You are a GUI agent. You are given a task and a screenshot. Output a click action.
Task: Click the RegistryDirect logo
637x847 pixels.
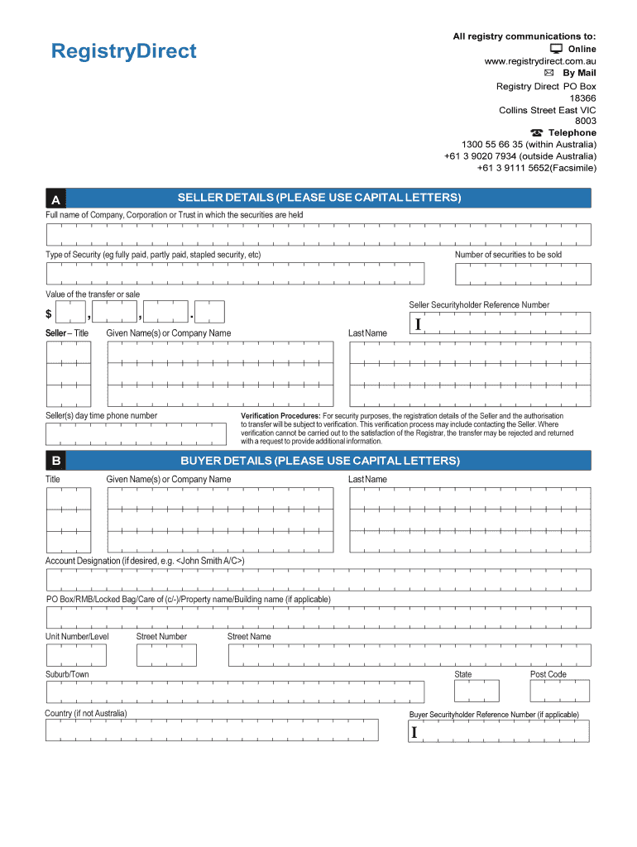[x=124, y=51]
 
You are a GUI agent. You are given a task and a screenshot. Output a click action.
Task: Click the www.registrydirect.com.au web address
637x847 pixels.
[x=539, y=61]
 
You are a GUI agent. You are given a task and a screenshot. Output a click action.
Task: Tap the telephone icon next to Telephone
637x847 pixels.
[x=537, y=133]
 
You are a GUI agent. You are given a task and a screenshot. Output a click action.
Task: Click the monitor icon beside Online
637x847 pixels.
[x=556, y=49]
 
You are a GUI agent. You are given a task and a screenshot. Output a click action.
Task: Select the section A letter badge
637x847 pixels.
[x=55, y=199]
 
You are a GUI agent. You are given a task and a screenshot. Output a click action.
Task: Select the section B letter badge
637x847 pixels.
[x=55, y=461]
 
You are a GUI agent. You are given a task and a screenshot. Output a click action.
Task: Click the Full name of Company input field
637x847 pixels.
[x=318, y=234]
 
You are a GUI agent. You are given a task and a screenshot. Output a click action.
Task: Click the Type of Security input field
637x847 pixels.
[x=235, y=274]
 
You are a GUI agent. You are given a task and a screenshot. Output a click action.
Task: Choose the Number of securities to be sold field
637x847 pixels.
[x=523, y=274]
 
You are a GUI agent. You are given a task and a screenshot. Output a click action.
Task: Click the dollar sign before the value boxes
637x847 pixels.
[x=49, y=314]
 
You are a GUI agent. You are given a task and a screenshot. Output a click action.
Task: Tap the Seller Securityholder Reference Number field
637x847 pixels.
[x=500, y=323]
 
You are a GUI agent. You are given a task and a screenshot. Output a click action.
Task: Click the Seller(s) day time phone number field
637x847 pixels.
[x=136, y=433]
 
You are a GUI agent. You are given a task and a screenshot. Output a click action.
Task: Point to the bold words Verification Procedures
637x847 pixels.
[x=280, y=416]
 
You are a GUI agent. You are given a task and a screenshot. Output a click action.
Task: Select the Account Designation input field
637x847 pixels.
[x=318, y=580]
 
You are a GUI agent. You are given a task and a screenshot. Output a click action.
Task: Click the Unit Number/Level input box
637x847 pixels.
[x=76, y=655]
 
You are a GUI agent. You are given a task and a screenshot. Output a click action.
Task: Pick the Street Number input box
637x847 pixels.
[x=166, y=655]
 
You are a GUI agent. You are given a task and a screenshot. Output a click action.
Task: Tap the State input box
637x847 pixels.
[x=477, y=691]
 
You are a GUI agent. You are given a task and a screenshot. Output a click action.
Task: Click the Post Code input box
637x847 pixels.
[x=560, y=691]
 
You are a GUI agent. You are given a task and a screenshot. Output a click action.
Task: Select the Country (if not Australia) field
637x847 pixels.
[x=212, y=730]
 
